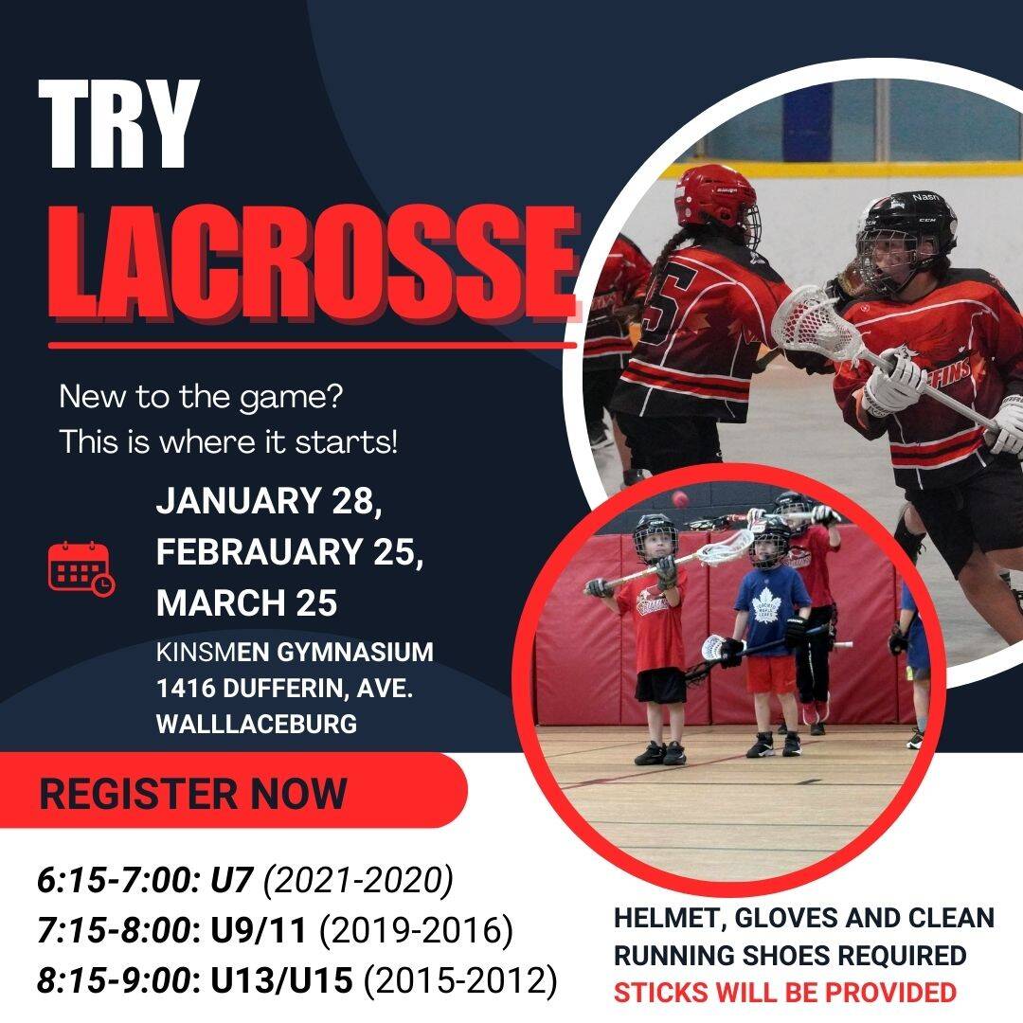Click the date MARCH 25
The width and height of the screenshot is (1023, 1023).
click(x=246, y=602)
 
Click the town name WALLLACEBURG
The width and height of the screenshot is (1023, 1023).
click(x=257, y=725)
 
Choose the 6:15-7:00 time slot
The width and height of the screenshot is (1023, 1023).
click(x=114, y=881)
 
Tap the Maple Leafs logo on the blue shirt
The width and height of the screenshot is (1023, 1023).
click(x=764, y=609)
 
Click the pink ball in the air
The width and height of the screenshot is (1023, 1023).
click(x=678, y=498)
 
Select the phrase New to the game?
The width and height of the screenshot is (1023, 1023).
click(x=200, y=396)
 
